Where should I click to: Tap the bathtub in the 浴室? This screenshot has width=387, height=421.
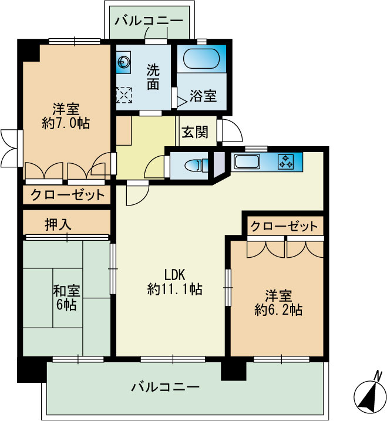click(x=201, y=59)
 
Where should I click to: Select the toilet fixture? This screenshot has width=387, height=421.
click(x=193, y=164)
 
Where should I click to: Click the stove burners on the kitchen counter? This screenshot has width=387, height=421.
click(x=287, y=161)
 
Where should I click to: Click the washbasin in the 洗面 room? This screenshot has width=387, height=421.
click(x=124, y=62)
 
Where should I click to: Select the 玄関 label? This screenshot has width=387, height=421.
click(x=194, y=132)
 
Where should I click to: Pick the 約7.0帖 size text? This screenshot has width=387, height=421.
click(x=66, y=124)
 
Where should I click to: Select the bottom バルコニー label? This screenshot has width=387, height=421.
click(x=166, y=387)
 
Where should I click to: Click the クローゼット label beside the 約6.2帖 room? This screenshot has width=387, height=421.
click(x=284, y=226)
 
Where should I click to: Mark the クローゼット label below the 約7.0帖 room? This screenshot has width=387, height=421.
click(x=67, y=195)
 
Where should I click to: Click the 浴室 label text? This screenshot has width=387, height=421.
click(x=203, y=96)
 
